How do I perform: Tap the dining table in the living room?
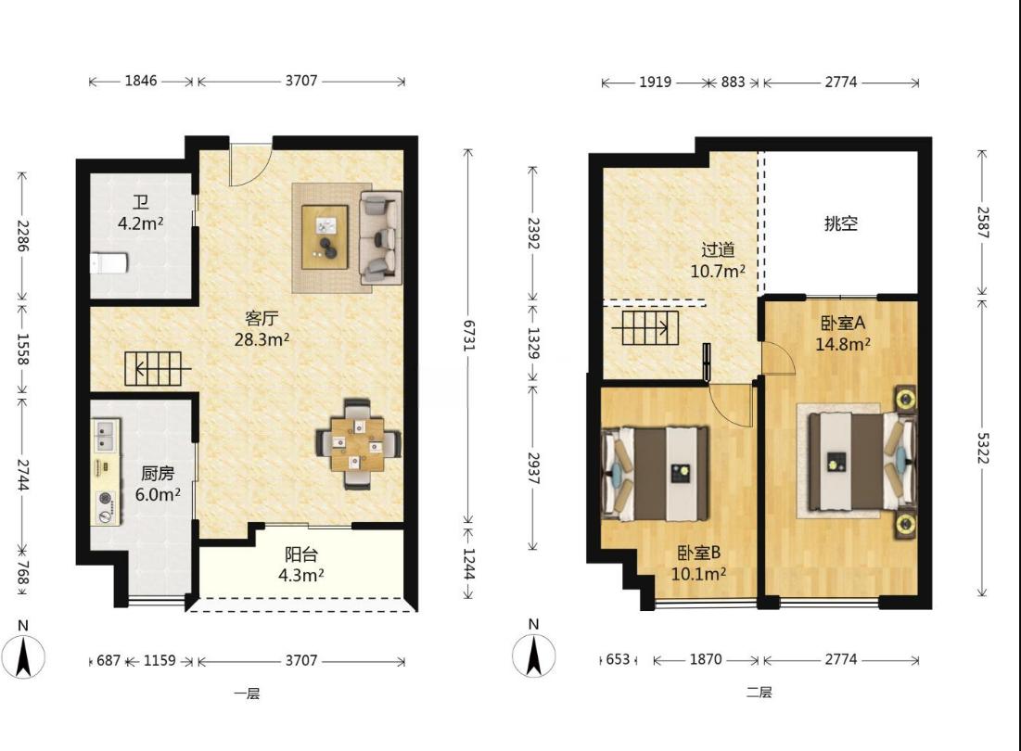357,444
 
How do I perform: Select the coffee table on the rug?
325,236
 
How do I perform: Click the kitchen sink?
105,436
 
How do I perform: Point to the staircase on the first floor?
154,369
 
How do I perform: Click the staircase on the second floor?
650,327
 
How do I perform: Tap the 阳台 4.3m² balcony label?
301,565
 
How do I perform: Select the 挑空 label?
840,223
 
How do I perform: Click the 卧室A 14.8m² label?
843,333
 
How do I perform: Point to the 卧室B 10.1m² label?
698,564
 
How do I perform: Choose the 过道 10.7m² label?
718,261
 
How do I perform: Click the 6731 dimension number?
468,335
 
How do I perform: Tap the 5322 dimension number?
983,448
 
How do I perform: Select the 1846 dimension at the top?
141,80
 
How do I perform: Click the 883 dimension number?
733,82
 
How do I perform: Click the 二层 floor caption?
759,693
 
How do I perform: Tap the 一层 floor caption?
247,694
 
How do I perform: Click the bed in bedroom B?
655,473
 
